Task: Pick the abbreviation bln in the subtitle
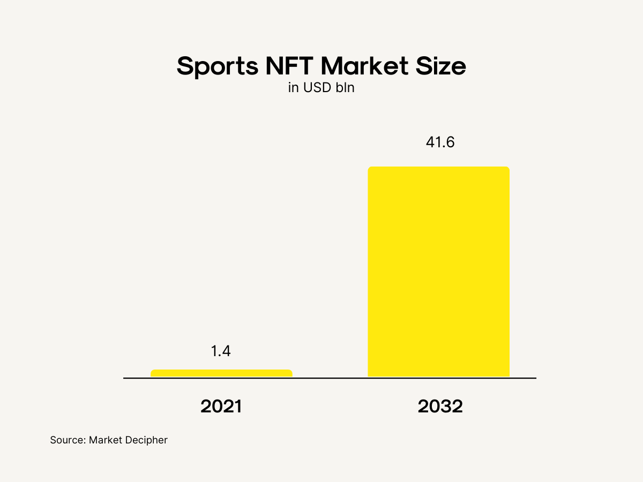[x=345, y=88]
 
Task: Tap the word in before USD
[x=293, y=88]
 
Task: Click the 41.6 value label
[x=438, y=143]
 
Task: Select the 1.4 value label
[x=220, y=351]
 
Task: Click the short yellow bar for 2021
[x=221, y=373]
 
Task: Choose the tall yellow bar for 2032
[x=438, y=272]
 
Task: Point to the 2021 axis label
[x=221, y=406]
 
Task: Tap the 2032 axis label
[x=440, y=406]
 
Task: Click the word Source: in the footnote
[x=68, y=440]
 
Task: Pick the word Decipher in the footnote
[x=147, y=441]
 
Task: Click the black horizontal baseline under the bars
[x=330, y=378]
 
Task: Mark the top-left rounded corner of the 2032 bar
[x=370, y=169]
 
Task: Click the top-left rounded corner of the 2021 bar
[x=153, y=371]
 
